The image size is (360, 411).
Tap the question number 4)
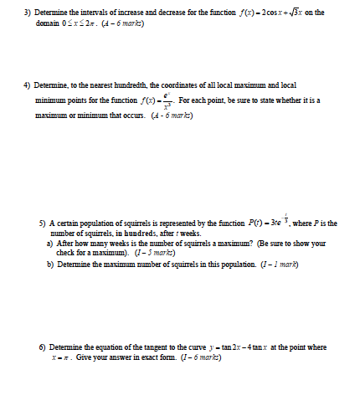28,85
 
